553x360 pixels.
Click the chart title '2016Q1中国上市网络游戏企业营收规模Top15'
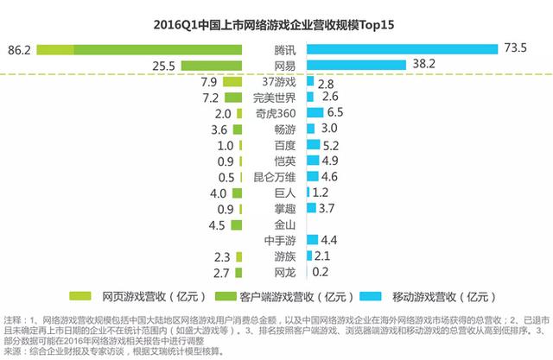click(276, 18)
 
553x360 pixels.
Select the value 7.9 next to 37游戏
click(207, 82)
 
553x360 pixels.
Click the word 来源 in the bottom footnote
click(11, 351)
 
